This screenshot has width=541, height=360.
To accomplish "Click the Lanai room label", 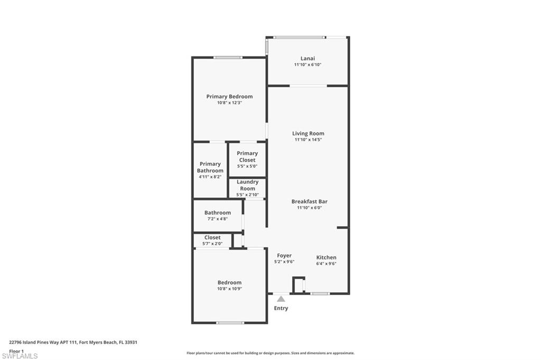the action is tap(307, 58).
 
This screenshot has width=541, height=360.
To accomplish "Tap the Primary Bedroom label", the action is tap(229, 97).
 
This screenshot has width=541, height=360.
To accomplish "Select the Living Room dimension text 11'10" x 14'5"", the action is tap(308, 140).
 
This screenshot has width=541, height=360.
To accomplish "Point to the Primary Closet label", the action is tap(247, 157).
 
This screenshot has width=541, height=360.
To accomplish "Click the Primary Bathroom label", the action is tap(210, 167).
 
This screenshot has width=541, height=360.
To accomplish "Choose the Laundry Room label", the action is tap(247, 185).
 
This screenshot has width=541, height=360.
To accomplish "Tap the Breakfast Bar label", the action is tap(310, 202).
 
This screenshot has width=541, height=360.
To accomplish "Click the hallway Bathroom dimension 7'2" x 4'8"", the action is tap(217, 219).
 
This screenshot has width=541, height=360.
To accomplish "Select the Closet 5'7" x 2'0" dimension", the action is tap(212, 243).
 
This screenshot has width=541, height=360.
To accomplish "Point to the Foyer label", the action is tap(284, 255).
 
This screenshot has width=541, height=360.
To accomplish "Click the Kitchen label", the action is tap(327, 257).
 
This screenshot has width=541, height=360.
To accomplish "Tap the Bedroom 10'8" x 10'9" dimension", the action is tap(229, 289).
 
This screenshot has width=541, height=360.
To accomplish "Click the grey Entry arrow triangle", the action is tap(281, 299).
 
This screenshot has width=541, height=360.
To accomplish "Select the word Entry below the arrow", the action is tap(281, 308).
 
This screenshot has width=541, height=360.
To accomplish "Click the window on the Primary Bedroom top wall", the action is tap(228, 57).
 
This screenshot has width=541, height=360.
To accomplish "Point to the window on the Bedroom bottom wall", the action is tap(230, 323).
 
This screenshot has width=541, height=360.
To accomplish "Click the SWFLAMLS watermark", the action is tap(20, 356).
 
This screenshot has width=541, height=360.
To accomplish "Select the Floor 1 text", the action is tap(16, 351).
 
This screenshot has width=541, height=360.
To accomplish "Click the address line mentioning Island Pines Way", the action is tap(73, 343).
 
